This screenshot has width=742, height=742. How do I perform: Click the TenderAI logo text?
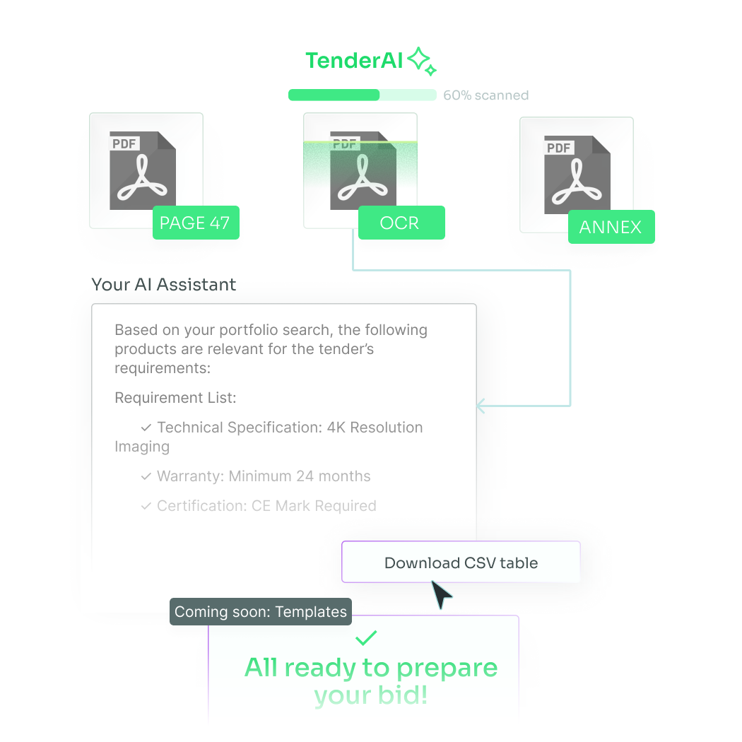coord(354,61)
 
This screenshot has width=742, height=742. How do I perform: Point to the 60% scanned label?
coord(486,95)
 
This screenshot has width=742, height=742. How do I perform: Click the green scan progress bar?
coord(362,95)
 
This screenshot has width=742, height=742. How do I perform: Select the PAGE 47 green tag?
coord(196,223)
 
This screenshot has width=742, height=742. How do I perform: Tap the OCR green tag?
coord(401,223)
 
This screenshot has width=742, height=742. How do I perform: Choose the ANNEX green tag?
coord(611,227)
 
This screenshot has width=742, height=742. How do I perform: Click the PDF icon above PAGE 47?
coord(143,170)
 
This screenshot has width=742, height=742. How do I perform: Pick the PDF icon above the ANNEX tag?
coord(577,175)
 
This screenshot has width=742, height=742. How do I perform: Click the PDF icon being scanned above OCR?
coord(363,170)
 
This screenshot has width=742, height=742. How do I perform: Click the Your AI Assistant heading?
coord(164,284)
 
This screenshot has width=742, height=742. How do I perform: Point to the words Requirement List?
coord(175,397)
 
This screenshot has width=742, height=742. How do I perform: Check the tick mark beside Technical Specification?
coord(146,428)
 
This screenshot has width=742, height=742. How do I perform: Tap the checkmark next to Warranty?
coord(146,476)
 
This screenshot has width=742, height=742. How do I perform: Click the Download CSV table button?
coord(461,562)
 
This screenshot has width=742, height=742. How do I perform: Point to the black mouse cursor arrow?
coord(441,594)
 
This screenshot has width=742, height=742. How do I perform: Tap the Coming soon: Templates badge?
coord(261,611)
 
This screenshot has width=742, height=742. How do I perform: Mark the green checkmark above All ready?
coord(366,637)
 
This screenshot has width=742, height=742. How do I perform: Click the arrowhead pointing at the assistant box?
coord(481,406)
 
